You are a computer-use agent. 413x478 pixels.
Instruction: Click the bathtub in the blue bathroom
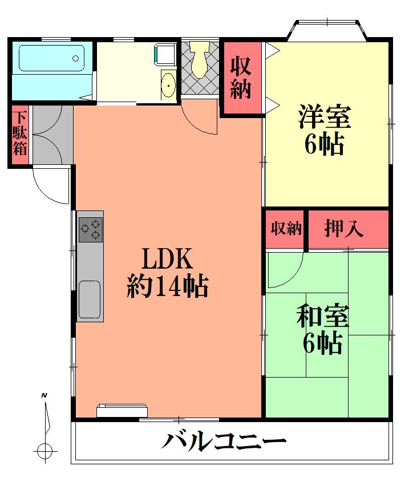pyautogui.click(x=51, y=58)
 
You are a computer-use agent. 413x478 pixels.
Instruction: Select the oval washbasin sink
pyautogui.click(x=168, y=85)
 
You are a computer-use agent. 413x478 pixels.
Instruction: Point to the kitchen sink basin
pyautogui.click(x=90, y=299)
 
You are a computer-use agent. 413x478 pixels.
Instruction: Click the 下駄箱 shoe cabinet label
pyautogui.click(x=20, y=133)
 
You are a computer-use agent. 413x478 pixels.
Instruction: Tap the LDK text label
pyautogui.click(x=167, y=258)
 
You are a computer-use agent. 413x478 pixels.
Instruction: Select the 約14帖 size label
pyautogui.click(x=167, y=286)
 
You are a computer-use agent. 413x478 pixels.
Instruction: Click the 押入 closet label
pyautogui.click(x=344, y=228)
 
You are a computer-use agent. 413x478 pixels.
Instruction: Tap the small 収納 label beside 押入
pyautogui.click(x=286, y=228)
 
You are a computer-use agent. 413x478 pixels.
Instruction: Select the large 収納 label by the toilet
pyautogui.click(x=241, y=78)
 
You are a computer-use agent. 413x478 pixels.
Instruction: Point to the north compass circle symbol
pyautogui.click(x=45, y=450)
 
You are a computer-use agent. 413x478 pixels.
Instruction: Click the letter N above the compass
pyautogui.click(x=44, y=396)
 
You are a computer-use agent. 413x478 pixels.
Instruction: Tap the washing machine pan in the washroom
pyautogui.click(x=165, y=54)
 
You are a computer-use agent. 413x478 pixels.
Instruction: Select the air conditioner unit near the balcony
pyautogui.click(x=122, y=411)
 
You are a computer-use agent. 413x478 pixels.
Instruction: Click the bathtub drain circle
pyautogui.click(x=75, y=58)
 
